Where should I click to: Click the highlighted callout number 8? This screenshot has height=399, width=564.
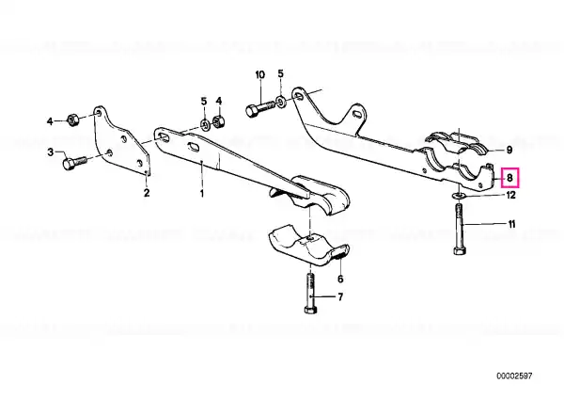pyautogui.click(x=509, y=178)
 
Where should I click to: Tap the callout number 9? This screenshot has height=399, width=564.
pyautogui.click(x=509, y=150)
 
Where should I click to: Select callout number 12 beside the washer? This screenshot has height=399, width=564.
pyautogui.click(x=510, y=195)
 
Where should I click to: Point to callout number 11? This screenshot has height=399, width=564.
pyautogui.click(x=511, y=224)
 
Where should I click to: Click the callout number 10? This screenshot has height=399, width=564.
pyautogui.click(x=259, y=75)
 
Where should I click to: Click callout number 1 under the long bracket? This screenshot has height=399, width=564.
pyautogui.click(x=202, y=193)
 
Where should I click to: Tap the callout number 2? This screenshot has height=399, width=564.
pyautogui.click(x=147, y=193)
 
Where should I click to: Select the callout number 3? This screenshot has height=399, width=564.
pyautogui.click(x=51, y=152)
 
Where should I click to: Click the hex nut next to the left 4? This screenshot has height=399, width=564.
pyautogui.click(x=72, y=120)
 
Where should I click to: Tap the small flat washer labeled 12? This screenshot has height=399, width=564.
pyautogui.click(x=458, y=196)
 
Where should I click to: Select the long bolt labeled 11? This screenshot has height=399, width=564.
pyautogui.click(x=460, y=230)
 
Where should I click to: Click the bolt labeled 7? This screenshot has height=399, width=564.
pyautogui.click(x=310, y=294)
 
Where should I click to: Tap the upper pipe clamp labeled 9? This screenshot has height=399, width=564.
pyautogui.click(x=457, y=143)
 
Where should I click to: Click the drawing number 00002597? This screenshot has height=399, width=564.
pyautogui.click(x=514, y=376)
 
